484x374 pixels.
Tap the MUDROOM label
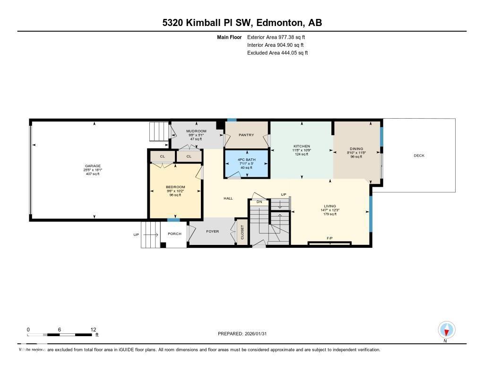coord(196,131)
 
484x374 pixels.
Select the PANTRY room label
coord(246,135)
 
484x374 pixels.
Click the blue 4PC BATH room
coord(246,163)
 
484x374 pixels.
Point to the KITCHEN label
coord(302,146)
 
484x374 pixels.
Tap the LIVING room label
coord(330,206)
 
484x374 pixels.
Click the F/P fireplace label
coord(329,238)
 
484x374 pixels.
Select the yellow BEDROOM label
coord(175,187)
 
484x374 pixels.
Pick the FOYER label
coord(212,232)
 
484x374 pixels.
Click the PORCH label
coord(174,234)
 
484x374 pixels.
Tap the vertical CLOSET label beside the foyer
coord(242,232)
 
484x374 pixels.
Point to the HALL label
coord(228,199)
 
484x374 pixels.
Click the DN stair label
coord(259,202)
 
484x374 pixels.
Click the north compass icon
coord(446,329)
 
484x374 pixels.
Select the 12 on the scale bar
coord(93,330)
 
